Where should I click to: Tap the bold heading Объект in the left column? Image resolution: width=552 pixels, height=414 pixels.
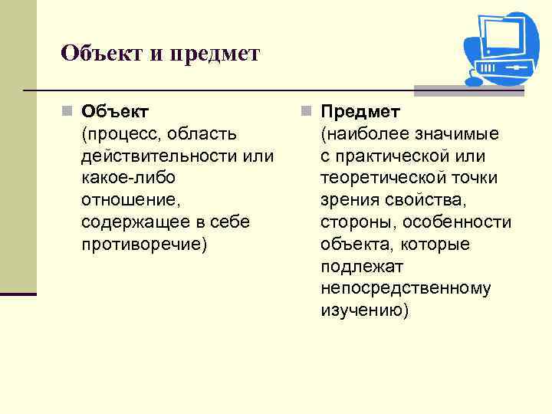(115, 112)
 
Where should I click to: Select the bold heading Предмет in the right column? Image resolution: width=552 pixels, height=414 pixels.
(360, 112)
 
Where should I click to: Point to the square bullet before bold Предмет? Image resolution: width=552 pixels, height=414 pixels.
(307, 112)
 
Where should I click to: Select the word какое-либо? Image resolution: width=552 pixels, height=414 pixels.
(127, 178)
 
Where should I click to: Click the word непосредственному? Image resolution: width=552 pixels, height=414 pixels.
(406, 288)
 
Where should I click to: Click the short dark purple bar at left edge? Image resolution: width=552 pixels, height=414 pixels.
(18, 294)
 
